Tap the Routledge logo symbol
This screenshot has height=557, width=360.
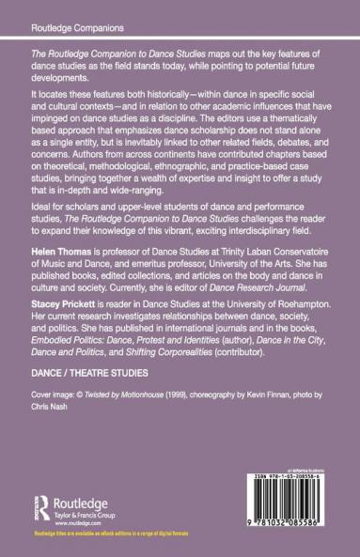(x=44, y=497)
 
